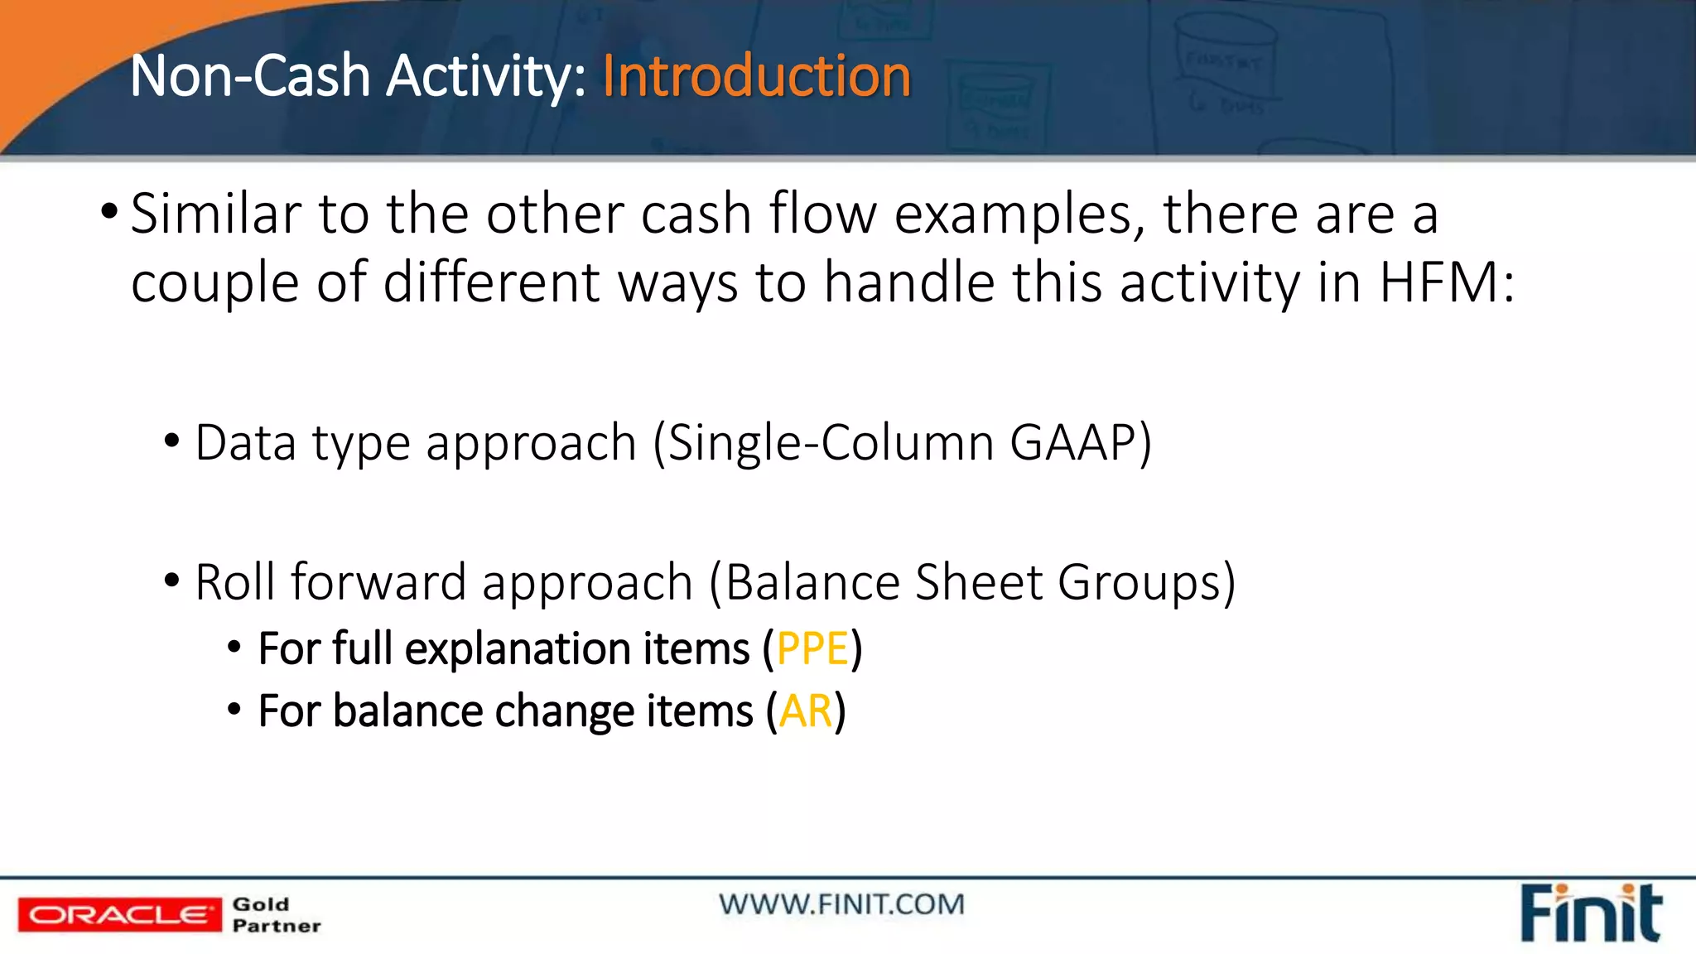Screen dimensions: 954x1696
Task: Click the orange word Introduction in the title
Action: pos(756,76)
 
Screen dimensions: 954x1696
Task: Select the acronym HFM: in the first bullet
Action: pos(1447,283)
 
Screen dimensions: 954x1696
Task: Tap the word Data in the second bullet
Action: pos(245,442)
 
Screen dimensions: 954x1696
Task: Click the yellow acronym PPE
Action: pos(812,648)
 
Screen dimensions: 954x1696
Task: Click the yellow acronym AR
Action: pos(805,711)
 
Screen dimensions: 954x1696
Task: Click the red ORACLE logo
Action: pos(120,915)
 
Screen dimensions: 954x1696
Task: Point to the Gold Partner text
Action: pos(277,915)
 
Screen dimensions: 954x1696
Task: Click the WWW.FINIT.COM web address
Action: pos(841,904)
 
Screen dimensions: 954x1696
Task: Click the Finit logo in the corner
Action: pos(1590,914)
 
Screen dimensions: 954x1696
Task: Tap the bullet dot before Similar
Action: pos(108,212)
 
